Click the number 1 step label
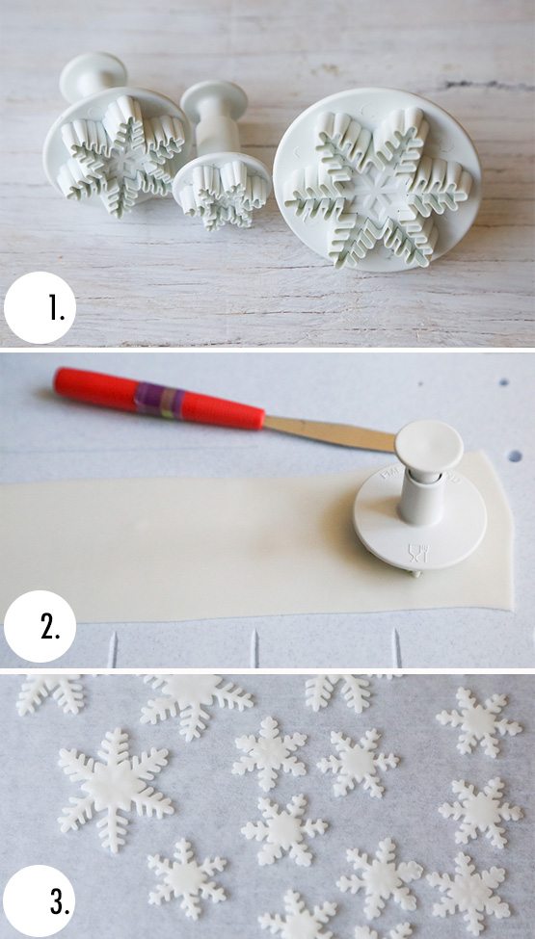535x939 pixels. coord(58,308)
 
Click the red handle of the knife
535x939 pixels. coord(159,399)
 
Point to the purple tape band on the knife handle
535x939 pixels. coord(159,400)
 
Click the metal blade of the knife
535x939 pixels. coord(330,432)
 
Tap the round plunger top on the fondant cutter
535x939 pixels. coord(429,444)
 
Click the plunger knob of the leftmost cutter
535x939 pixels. coord(94,75)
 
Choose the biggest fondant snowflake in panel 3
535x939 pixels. coord(115,789)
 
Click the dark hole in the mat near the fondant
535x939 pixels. coord(515,456)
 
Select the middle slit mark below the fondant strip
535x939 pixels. coord(254,647)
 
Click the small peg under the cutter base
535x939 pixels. coord(415,574)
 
